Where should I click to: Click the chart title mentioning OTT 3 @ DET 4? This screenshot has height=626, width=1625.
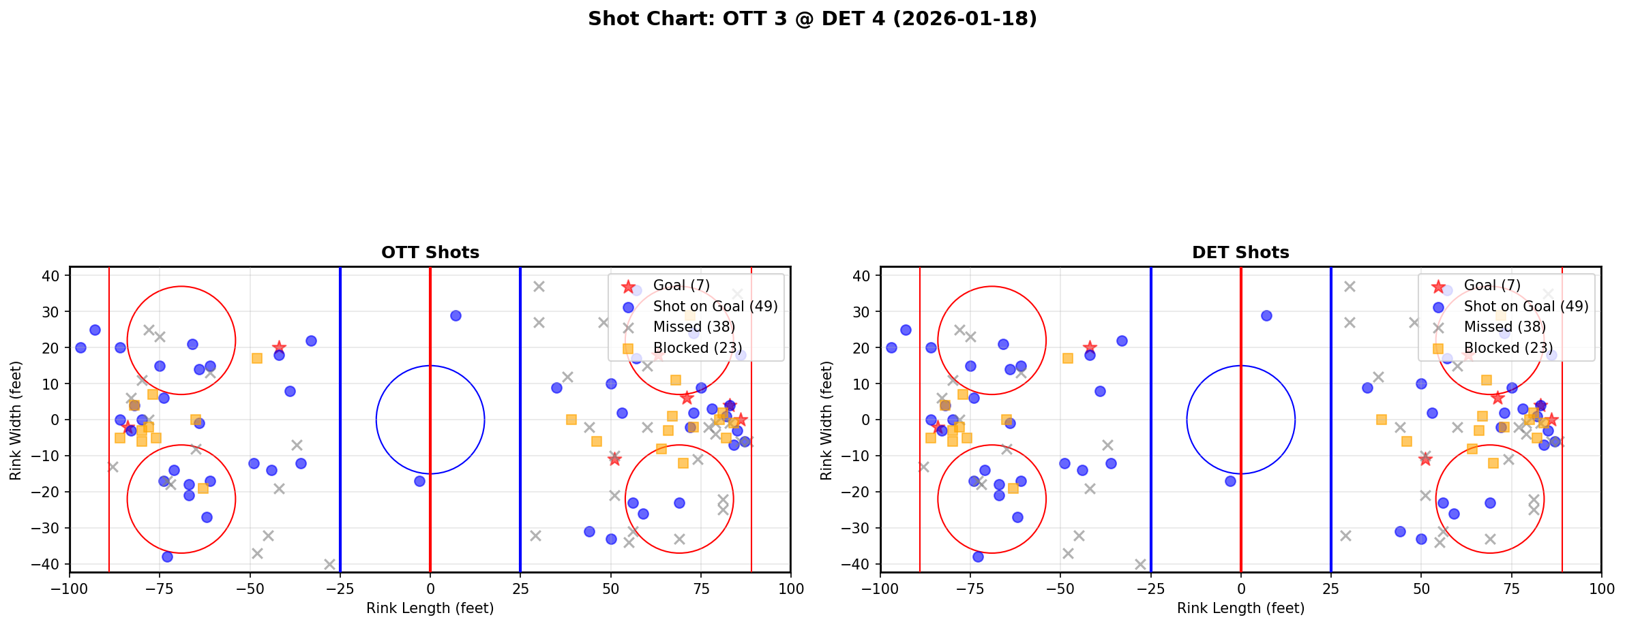point(812,19)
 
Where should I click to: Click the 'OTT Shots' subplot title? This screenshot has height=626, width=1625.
point(430,253)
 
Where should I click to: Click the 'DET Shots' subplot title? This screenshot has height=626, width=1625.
point(1240,253)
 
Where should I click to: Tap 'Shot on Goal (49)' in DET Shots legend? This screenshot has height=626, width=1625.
point(1526,307)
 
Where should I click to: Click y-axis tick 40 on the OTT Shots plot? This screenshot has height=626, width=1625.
point(55,276)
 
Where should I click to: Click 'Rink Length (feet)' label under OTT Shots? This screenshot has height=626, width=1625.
point(430,608)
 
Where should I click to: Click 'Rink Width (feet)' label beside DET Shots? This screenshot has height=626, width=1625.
point(826,420)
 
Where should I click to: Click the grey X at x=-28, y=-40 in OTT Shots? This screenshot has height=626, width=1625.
point(329,564)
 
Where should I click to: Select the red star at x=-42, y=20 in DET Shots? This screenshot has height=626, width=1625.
point(1090,347)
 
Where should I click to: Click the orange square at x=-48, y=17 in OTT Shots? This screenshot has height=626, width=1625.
point(257,358)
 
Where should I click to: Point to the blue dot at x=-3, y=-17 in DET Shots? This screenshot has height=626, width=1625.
point(1230,481)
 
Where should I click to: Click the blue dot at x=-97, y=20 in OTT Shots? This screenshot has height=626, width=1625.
point(80,347)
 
